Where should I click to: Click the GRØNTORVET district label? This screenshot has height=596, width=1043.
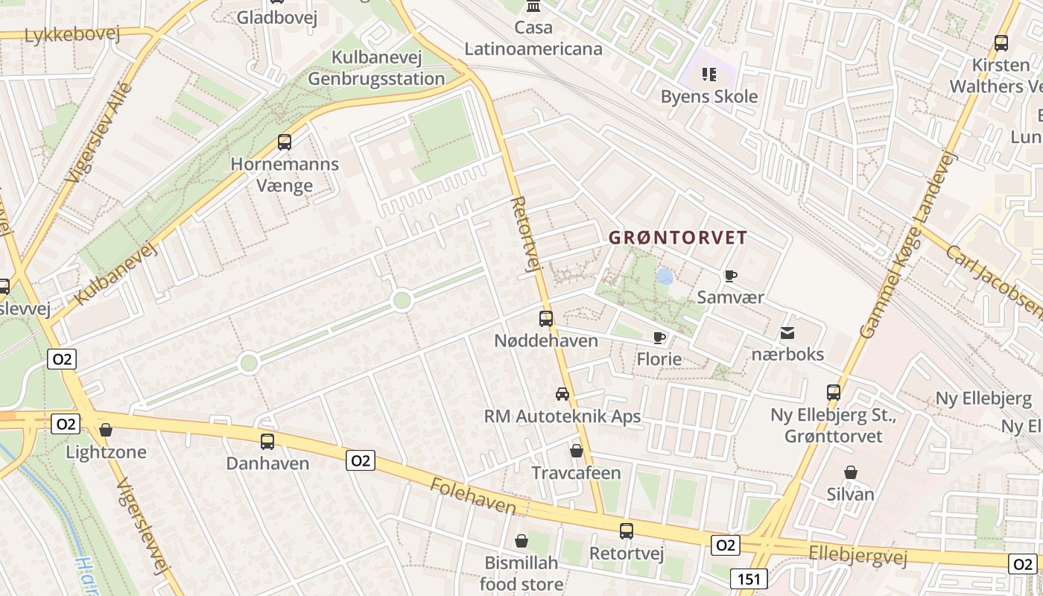point(678,238)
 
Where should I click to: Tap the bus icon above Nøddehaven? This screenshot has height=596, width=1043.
point(546,319)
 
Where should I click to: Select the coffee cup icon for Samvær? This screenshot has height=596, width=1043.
point(731,276)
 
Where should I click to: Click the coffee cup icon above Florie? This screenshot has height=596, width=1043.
point(659,338)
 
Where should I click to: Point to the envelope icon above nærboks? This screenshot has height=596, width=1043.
point(787,333)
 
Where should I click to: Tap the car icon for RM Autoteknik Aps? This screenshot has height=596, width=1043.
point(562,394)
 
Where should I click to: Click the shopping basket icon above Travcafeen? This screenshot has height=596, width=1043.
point(576,451)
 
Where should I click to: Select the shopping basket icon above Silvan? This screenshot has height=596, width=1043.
point(850,472)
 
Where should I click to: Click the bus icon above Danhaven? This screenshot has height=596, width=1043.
point(267,442)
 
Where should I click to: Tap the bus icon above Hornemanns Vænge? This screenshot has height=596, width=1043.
point(284,142)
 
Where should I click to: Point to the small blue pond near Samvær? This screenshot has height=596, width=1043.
point(665,277)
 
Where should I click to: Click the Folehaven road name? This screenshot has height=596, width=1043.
point(473,496)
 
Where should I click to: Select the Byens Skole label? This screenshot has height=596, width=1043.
point(709,97)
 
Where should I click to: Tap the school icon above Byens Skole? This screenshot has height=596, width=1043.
point(708,74)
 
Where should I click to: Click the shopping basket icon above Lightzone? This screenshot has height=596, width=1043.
point(106,430)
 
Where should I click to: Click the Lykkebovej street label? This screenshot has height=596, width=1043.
point(72,35)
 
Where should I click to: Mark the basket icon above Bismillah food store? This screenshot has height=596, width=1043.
point(521,540)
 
